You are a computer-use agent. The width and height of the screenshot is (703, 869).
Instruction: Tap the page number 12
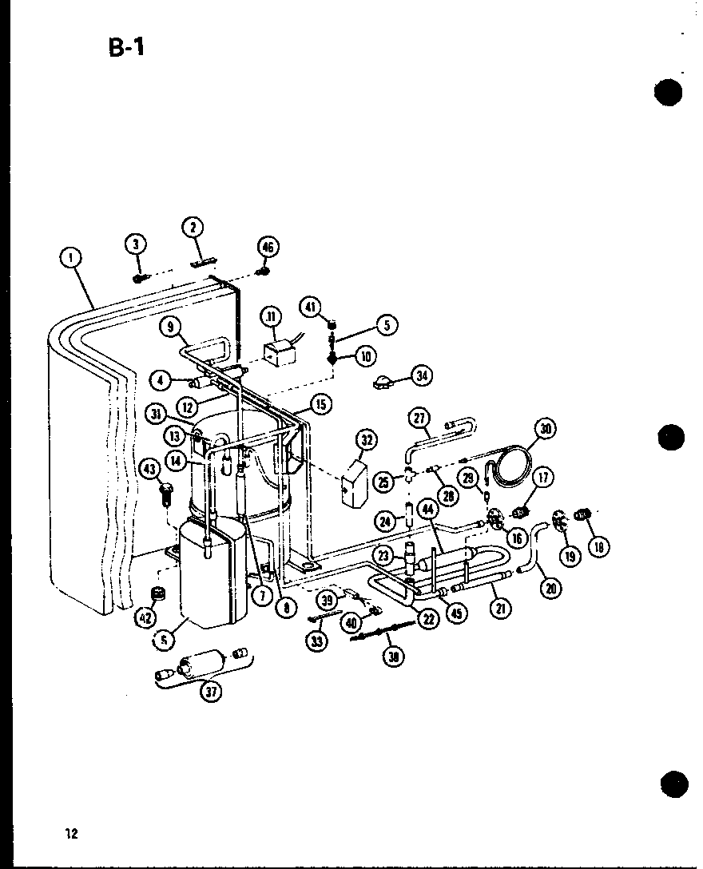[x=71, y=834]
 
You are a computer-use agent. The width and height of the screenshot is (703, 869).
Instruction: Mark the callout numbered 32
[x=366, y=440]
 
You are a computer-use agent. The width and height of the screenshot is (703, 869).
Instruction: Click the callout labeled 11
[x=271, y=317]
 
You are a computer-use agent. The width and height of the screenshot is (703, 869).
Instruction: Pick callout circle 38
[x=394, y=657]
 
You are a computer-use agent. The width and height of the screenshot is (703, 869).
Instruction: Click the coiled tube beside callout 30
[x=509, y=467]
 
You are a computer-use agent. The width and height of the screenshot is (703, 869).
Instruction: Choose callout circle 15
[x=320, y=405]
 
